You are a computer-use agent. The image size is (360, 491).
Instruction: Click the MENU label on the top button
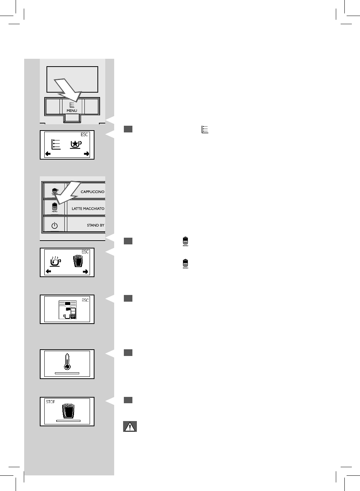coord(72,110)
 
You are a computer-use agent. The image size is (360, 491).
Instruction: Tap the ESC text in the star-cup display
coord(85,135)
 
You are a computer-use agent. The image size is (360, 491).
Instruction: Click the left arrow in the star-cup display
coord(48,154)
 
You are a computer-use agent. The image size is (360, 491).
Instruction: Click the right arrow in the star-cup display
coord(86,154)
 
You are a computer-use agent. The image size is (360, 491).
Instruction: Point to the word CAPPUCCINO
coord(92,192)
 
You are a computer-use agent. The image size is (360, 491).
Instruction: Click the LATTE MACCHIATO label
coord(88,209)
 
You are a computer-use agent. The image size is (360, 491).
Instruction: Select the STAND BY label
coord(96,225)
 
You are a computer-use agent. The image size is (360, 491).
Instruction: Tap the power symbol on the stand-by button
coord(55,225)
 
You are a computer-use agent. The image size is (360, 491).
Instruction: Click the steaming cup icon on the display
coord(55,261)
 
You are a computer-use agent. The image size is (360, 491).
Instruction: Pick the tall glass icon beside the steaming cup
coord(77,260)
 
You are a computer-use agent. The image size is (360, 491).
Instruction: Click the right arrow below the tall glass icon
coord(86,272)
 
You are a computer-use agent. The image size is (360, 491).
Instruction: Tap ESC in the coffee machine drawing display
coord(85,300)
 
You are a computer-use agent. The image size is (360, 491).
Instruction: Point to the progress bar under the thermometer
coord(67,372)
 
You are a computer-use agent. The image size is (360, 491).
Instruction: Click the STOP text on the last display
coord(51,402)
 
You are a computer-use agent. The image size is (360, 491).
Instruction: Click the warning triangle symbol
coord(130,427)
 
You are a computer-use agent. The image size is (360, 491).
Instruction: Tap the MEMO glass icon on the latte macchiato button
coord(55,207)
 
